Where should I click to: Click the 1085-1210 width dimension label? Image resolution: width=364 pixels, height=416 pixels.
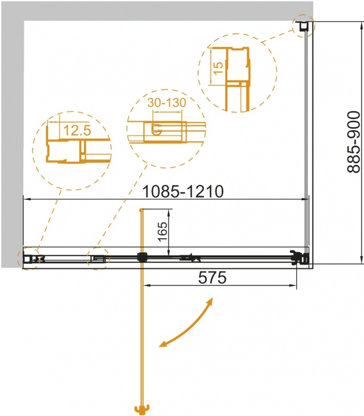tap(183, 192)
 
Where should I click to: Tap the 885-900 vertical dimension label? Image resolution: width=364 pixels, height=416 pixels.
tap(353, 142)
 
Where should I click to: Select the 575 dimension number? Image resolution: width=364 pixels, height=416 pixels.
tap(213, 277)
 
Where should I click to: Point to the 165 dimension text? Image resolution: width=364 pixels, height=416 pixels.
tap(162, 232)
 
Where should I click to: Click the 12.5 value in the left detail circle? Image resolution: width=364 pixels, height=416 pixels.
tap(77, 130)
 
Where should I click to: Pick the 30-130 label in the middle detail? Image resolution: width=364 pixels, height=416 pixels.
tap(167, 103)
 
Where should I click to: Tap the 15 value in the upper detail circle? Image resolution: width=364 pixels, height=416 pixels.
tap(218, 68)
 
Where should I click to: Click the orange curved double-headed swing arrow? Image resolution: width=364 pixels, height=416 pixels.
tap(186, 322)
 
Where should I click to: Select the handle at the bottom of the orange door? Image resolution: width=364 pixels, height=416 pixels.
tap(142, 409)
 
